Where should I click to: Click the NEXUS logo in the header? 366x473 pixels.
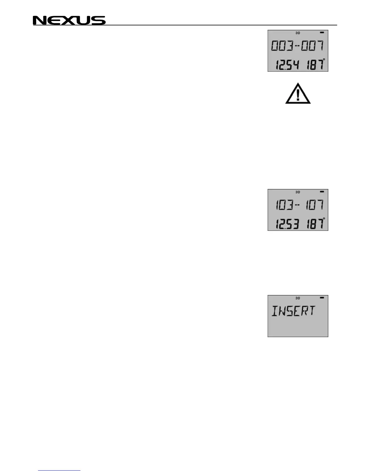click(69, 20)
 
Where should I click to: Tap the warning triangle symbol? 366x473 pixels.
click(298, 94)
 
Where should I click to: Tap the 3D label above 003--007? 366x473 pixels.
click(298, 33)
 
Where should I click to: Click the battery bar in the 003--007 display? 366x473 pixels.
click(322, 33)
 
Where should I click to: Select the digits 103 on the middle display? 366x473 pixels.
click(283, 205)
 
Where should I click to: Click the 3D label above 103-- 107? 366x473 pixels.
click(298, 192)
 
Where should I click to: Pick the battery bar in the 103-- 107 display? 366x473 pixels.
click(322, 192)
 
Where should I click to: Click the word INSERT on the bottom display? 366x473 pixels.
click(293, 311)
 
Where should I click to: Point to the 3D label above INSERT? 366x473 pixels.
click(298, 298)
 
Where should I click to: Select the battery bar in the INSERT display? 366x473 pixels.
click(322, 298)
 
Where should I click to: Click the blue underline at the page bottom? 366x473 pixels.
click(60, 471)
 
